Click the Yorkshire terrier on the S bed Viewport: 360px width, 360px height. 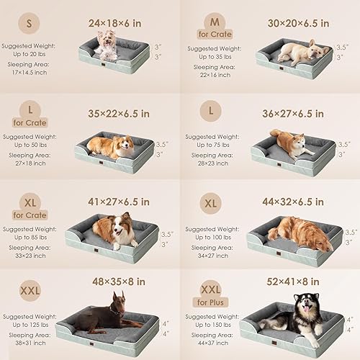pos(108,45)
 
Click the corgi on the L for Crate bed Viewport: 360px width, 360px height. pos(112,147)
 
